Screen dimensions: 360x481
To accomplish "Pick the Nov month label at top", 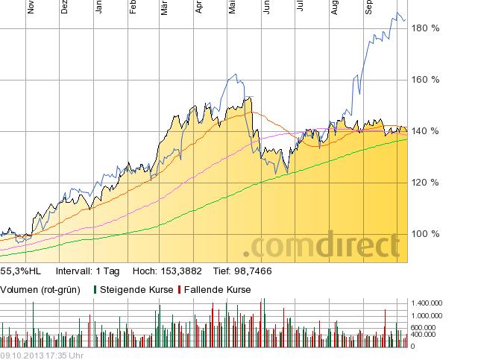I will pyautogui.click(x=31, y=7).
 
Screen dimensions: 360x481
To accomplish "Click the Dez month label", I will pyautogui.click(x=64, y=7).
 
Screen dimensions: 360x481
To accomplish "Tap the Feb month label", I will pyautogui.click(x=133, y=7).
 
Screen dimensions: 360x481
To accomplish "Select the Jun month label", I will pyautogui.click(x=266, y=7).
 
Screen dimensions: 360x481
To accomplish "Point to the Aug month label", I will pyautogui.click(x=335, y=7).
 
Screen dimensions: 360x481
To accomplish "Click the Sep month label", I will pyautogui.click(x=368, y=7).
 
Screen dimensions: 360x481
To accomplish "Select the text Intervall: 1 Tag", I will pyautogui.click(x=87, y=271).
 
